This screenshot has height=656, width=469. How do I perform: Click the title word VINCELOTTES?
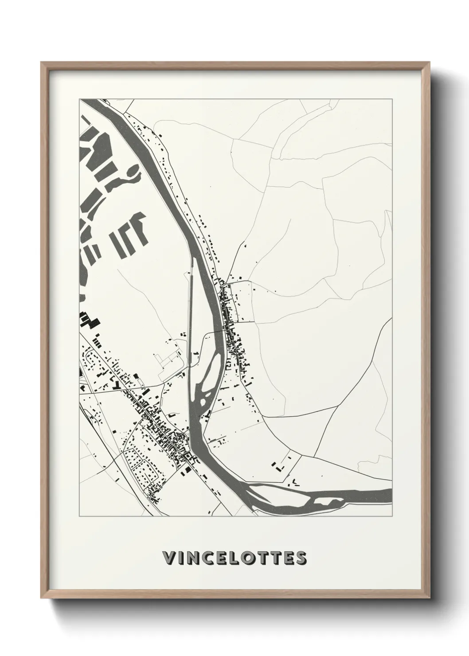click(234, 558)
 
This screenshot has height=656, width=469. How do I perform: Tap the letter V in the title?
click(169, 558)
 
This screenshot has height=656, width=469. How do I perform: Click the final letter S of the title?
click(301, 558)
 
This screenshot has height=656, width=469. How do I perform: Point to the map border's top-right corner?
click(392, 99)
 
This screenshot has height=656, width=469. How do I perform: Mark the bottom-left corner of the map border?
click(79, 516)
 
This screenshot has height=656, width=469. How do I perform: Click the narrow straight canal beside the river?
click(191, 310)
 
